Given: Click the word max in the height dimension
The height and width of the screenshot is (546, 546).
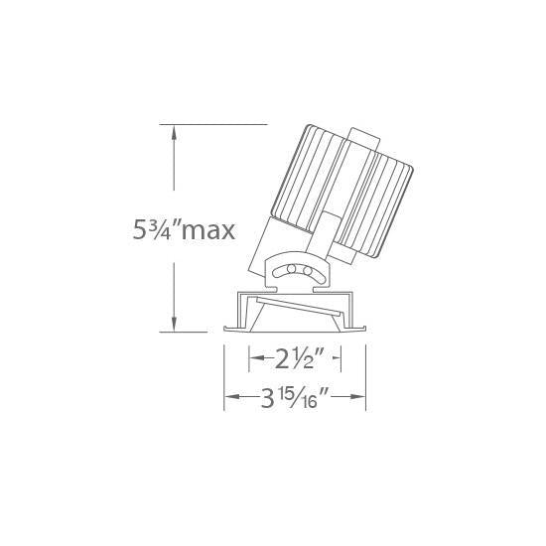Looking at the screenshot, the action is pyautogui.click(x=208, y=230).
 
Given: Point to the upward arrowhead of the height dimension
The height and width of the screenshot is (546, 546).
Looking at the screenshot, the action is pyautogui.click(x=174, y=133).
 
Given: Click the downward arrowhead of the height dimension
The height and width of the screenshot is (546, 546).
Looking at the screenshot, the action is pyautogui.click(x=174, y=324).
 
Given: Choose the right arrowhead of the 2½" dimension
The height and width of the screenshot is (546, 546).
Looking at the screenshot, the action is pyautogui.click(x=337, y=358).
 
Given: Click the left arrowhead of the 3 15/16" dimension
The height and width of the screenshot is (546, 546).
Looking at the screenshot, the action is pyautogui.click(x=232, y=397).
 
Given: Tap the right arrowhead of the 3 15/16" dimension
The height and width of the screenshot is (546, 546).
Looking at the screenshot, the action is pyautogui.click(x=357, y=397).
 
